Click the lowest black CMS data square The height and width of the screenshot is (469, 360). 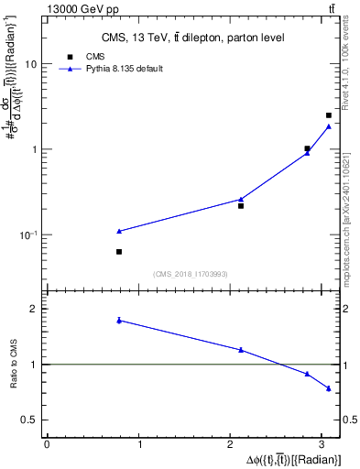click(x=119, y=251)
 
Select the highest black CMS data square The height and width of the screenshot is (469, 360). click(x=329, y=115)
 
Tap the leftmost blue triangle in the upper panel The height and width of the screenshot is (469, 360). click(x=119, y=231)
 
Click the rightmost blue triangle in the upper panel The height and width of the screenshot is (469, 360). click(x=329, y=126)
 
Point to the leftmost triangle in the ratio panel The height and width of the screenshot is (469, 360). click(x=119, y=320)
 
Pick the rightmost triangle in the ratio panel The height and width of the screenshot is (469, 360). click(x=329, y=388)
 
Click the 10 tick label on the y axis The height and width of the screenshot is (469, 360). click(x=31, y=65)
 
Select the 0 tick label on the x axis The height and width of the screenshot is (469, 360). click(x=47, y=445)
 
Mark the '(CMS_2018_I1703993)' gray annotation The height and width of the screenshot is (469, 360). click(x=190, y=274)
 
